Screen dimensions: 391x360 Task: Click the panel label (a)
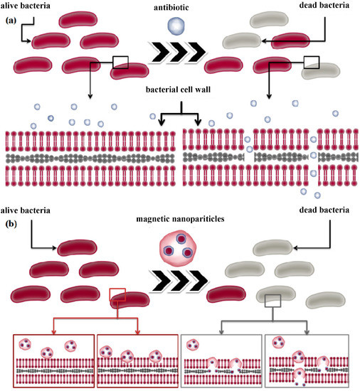(x=10, y=21)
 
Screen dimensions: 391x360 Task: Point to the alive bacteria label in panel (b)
(x=28, y=211)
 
